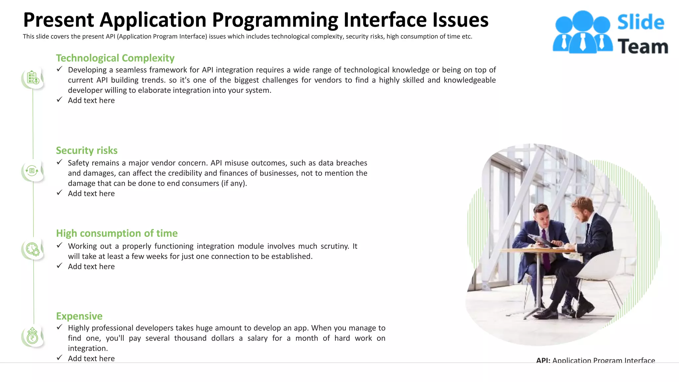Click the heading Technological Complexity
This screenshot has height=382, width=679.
point(115,58)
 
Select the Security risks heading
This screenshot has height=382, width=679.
point(87,151)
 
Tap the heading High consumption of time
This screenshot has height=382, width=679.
point(117,233)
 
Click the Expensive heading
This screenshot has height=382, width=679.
point(79,316)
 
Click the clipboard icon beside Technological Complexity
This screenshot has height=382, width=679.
point(33,78)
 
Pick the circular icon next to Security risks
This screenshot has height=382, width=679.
point(32,171)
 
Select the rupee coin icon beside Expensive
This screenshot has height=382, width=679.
point(32,336)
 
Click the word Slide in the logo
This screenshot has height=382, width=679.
point(641,23)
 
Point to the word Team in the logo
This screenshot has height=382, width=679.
point(643,46)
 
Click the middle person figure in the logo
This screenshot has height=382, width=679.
point(583,32)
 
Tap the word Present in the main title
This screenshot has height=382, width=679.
point(59,20)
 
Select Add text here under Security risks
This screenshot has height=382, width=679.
point(91,194)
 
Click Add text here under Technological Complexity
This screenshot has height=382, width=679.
point(91,100)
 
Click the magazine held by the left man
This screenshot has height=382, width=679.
point(540,240)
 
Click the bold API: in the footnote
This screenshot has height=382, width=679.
point(543,360)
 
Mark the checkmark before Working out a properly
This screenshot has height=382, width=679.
point(60,245)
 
